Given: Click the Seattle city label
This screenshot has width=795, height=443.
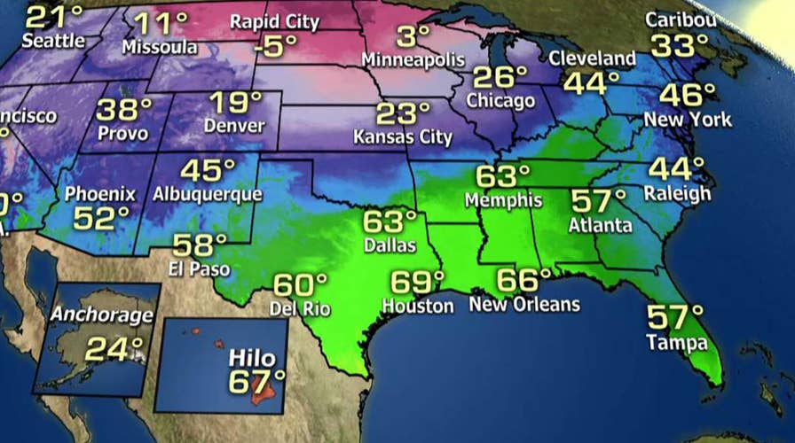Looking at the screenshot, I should pos(53,41).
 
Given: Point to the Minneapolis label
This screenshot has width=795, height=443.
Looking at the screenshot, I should pos(413,60).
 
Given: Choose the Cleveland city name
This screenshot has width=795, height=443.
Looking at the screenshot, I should pos(593,59).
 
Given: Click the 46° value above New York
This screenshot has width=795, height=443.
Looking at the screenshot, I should pos(686,96).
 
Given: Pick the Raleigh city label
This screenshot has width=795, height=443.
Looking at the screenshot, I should pos(679,193).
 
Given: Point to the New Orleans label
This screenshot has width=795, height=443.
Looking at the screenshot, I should pos(523,305).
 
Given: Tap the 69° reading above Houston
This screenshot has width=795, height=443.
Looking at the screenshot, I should pos(417,284).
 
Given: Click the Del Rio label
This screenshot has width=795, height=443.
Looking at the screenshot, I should pos(300,309).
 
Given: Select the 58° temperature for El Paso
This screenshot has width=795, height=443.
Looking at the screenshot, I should pos(200,245).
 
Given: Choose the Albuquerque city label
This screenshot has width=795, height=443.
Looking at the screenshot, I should pos(207,193).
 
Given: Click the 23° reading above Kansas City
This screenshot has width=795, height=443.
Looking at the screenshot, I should pos(402,114).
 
